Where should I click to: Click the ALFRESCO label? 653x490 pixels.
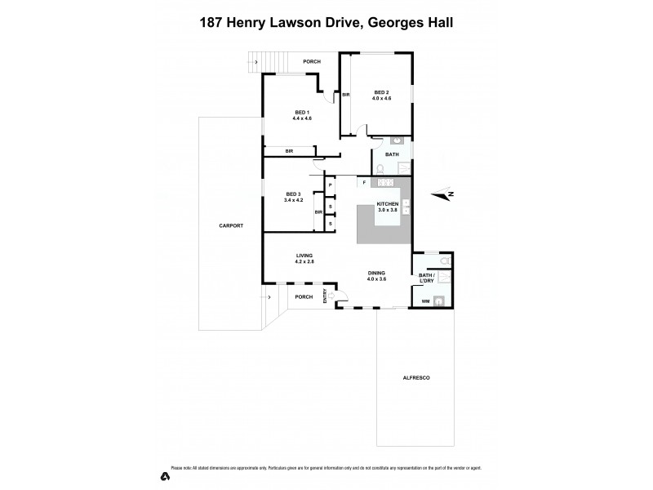point(417,378)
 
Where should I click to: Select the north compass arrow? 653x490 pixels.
point(444,194)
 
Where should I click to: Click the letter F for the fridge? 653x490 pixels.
point(365,182)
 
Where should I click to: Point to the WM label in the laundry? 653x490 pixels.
point(425,301)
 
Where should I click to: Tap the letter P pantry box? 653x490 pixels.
point(330,185)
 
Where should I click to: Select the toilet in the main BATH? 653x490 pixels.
point(380,168)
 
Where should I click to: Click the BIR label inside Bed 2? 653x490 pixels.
point(347,95)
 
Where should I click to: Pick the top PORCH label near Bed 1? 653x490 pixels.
point(311,62)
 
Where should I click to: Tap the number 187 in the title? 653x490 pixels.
point(214,24)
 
